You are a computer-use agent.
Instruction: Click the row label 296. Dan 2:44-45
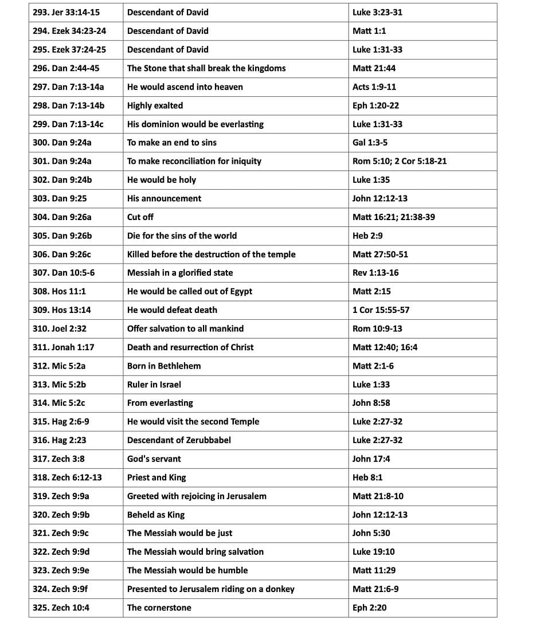(x=66, y=68)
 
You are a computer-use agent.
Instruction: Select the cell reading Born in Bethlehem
(x=164, y=366)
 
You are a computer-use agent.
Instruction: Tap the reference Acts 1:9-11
(x=374, y=87)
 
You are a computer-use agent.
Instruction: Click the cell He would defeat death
(x=172, y=310)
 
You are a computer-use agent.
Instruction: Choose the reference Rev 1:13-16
(x=375, y=273)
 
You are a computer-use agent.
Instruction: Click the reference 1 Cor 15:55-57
(x=381, y=310)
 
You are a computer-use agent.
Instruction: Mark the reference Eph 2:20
(x=369, y=608)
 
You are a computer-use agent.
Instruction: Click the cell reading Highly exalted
(x=155, y=105)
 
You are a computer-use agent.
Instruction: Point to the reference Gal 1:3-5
(x=370, y=143)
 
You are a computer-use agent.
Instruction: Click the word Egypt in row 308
(x=240, y=291)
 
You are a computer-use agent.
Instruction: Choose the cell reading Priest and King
(x=156, y=477)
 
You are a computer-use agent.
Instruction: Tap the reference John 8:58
(x=371, y=403)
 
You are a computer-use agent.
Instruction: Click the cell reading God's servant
(x=154, y=459)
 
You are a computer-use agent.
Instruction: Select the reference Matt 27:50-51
(x=380, y=254)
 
